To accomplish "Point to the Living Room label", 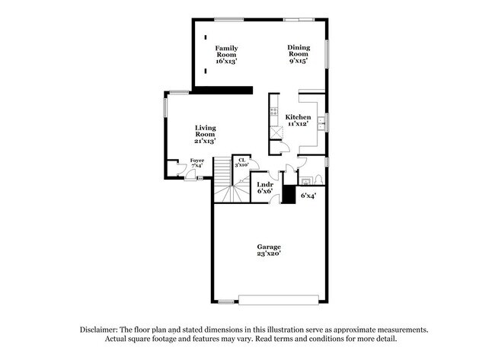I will point(205,134).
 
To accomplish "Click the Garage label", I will point(269,250).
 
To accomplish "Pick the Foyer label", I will point(196,164).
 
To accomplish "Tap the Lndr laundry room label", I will point(265,187).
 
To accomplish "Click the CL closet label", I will point(241,161).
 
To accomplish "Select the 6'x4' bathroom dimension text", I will point(308,196).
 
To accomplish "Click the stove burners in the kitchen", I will point(273,112).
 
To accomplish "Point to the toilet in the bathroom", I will point(318,180).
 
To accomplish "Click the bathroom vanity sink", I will point(305,180).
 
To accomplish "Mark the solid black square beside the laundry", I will point(289,195).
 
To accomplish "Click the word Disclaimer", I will point(104,330).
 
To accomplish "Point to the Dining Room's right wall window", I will point(329,53).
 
